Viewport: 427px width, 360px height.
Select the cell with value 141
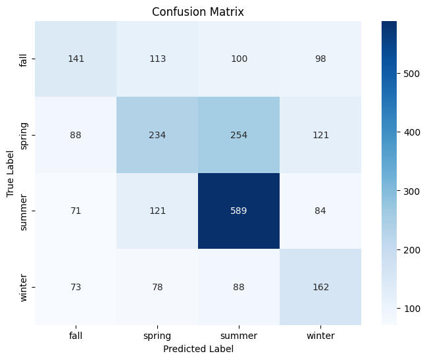click(76, 59)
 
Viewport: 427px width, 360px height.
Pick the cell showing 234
click(157, 135)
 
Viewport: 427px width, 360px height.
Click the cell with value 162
click(320, 287)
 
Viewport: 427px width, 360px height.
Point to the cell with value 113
click(157, 59)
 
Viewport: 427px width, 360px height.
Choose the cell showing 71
click(76, 211)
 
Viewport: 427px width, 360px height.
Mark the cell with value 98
click(320, 59)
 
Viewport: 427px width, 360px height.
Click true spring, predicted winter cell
click(320, 135)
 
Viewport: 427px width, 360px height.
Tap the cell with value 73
click(76, 287)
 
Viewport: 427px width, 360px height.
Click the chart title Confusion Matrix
click(198, 12)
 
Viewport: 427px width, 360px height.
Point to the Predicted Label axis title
click(198, 349)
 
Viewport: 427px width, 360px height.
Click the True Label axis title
click(11, 173)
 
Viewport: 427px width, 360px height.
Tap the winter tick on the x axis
click(320, 336)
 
